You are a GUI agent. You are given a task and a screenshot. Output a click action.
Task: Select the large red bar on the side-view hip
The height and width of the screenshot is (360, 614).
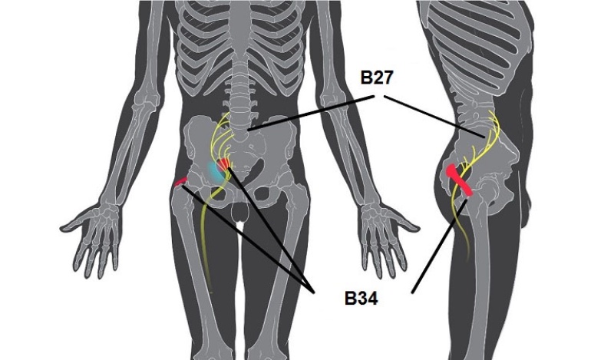459,181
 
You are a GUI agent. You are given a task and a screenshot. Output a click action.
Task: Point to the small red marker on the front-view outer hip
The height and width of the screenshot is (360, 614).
181,182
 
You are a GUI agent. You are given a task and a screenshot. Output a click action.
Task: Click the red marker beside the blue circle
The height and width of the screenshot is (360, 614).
225,163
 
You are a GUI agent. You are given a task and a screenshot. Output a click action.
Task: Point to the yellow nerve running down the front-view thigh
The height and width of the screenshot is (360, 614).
204,230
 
